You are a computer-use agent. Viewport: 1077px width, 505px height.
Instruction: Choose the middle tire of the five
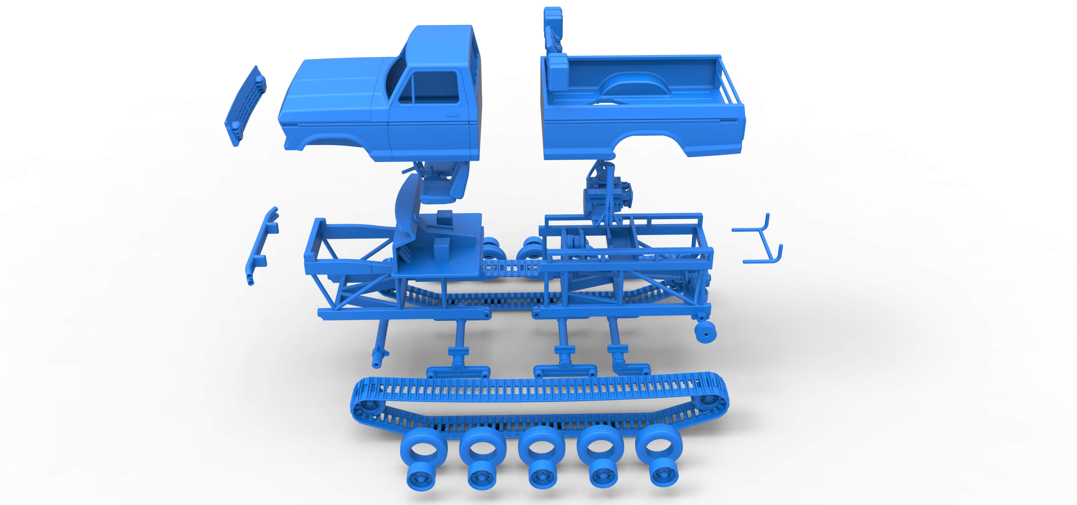pyautogui.click(x=541, y=447)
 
